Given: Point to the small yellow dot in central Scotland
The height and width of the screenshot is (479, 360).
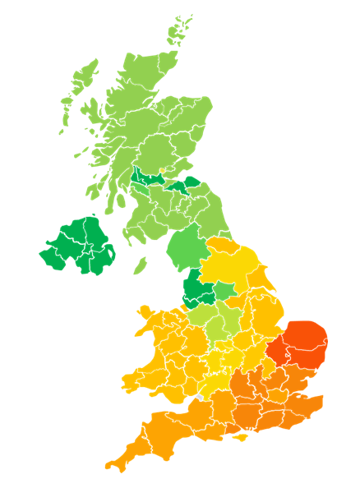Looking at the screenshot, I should tap(163, 171).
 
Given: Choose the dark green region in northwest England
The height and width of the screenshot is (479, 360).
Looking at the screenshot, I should tap(196, 288).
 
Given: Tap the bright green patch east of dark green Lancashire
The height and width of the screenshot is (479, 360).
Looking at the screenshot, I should tap(224, 291).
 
